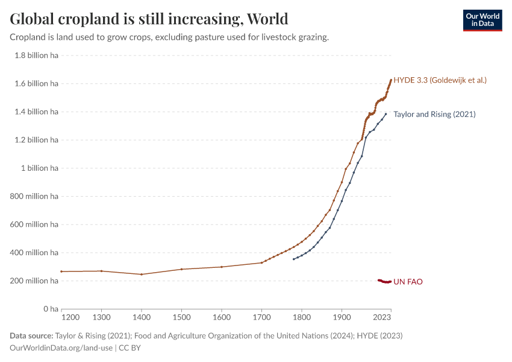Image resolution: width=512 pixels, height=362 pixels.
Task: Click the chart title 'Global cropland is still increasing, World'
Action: [x=149, y=19]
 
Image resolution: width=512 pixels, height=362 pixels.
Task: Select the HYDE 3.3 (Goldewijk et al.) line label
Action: [x=440, y=80]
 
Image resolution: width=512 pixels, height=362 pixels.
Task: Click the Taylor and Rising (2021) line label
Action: [x=434, y=114]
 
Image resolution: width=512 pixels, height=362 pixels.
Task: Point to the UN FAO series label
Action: [x=408, y=282]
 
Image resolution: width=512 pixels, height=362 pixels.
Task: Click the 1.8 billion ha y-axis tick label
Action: [x=36, y=55]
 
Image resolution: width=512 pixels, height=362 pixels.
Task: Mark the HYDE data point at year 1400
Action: [x=142, y=275]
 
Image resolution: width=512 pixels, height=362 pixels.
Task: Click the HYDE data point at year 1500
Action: [x=181, y=269]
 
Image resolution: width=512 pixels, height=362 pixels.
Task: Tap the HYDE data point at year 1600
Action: [x=222, y=267]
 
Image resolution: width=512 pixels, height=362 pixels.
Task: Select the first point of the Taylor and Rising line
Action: [x=293, y=259]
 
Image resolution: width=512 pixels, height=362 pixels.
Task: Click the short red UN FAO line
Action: [x=384, y=281]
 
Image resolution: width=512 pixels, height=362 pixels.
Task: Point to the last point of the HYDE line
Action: [x=391, y=80]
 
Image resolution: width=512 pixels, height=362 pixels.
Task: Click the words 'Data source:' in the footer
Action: [x=31, y=335]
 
